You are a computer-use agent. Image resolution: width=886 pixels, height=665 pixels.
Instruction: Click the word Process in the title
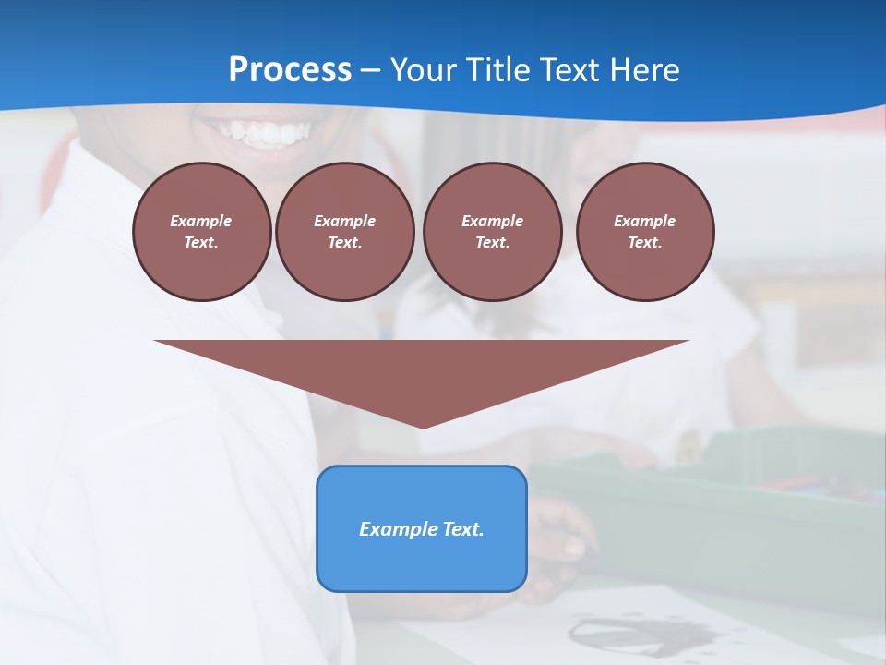[290, 70]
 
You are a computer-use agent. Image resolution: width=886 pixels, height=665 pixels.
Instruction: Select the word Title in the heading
[503, 70]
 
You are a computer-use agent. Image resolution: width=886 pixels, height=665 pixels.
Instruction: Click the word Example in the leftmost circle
[201, 221]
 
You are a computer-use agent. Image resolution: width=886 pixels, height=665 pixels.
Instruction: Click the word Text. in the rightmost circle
[645, 242]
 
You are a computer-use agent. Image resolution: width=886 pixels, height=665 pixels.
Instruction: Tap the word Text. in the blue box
[461, 529]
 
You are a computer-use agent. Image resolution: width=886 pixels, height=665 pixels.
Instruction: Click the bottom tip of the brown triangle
[423, 426]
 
